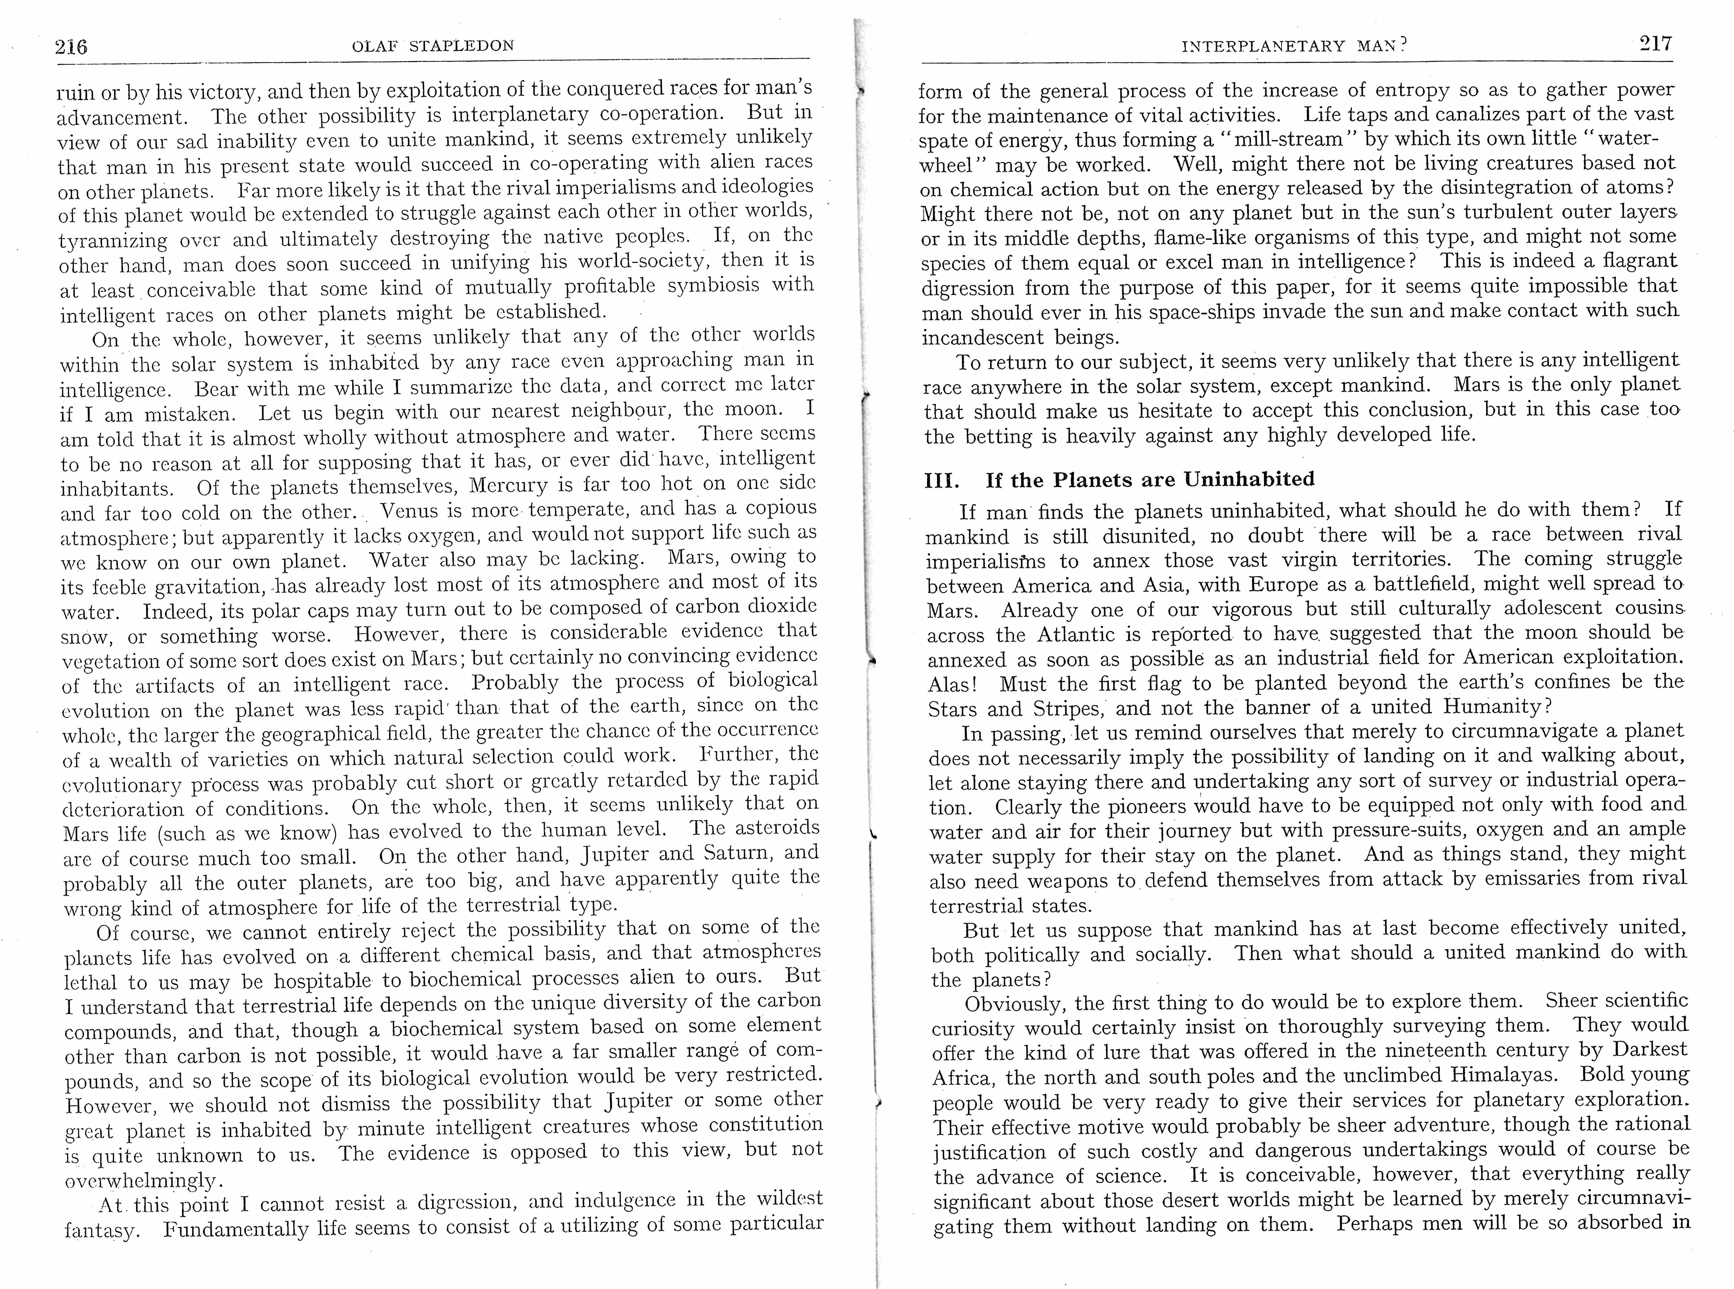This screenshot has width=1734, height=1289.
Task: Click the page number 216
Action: click(71, 47)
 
